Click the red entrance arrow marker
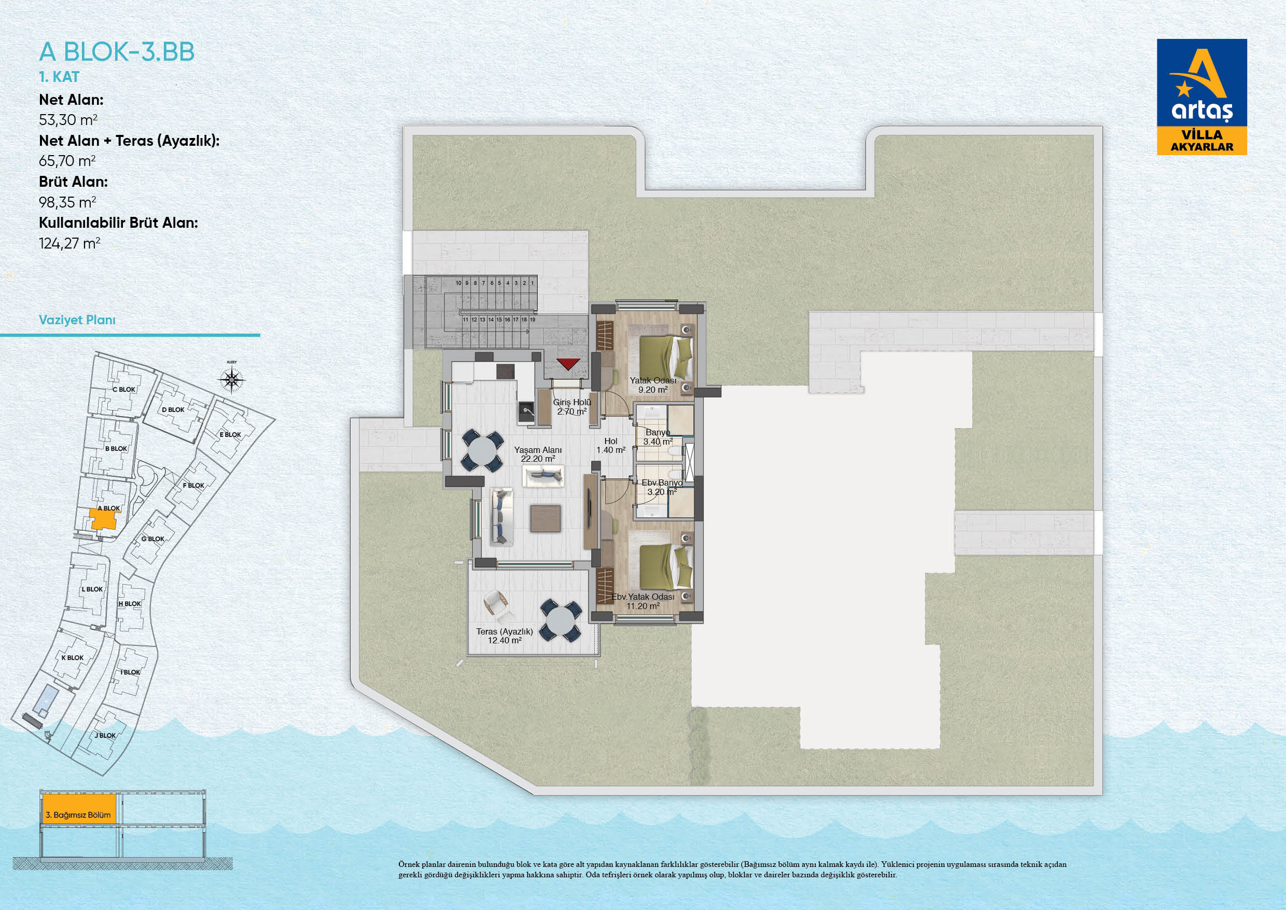[568, 364]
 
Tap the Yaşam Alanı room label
[538, 450]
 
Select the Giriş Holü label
[572, 402]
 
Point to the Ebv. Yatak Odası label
[642, 597]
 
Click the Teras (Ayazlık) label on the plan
[505, 631]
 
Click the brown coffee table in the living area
[546, 518]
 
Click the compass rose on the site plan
[232, 380]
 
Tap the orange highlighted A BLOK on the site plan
[104, 519]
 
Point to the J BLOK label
[105, 735]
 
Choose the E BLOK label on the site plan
[230, 434]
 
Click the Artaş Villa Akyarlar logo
[1202, 97]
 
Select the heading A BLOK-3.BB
[117, 52]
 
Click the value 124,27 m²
[69, 243]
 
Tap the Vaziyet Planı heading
[77, 320]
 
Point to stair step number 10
[458, 283]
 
